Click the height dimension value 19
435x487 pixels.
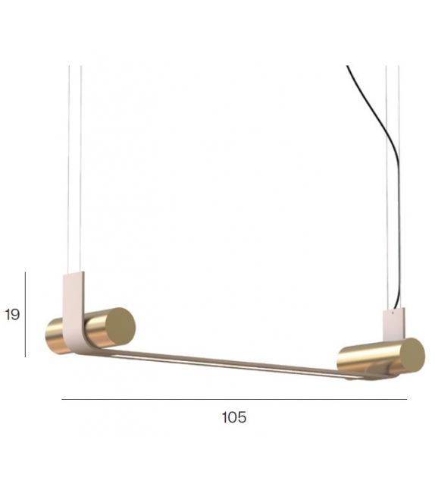pyautogui.click(x=12, y=314)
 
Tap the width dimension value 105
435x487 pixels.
pyautogui.click(x=234, y=417)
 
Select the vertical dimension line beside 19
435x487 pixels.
pyautogui.click(x=25, y=314)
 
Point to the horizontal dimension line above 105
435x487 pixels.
pyautogui.click(x=234, y=400)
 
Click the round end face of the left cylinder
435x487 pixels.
pyautogui.click(x=120, y=325)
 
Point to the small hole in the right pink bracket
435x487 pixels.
pyautogui.click(x=393, y=312)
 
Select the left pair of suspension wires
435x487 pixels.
pyautogui.click(x=74, y=167)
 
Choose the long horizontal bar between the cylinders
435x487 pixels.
pyautogui.click(x=227, y=363)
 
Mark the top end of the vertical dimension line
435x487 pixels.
pyautogui.click(x=25, y=273)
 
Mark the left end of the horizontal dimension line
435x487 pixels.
pyautogui.click(x=63, y=400)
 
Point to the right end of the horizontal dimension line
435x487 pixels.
pyautogui.click(x=406, y=400)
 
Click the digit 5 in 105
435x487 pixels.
pyautogui.click(x=243, y=417)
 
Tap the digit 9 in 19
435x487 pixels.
pyautogui.click(x=16, y=314)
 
